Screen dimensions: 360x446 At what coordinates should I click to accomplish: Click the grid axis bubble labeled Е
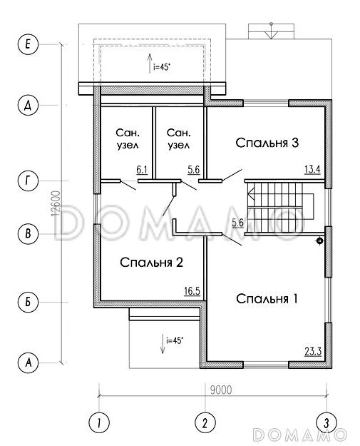(x=28, y=44)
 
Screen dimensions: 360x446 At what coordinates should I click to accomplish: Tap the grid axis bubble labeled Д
(x=28, y=105)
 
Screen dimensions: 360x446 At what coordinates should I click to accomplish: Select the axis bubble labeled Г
(x=28, y=181)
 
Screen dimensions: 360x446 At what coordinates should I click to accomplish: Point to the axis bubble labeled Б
(x=28, y=302)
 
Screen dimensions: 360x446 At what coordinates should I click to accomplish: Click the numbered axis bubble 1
(x=99, y=422)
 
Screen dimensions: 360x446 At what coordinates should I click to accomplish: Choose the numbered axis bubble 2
(x=205, y=422)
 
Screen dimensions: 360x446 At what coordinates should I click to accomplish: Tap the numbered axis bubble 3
(x=326, y=422)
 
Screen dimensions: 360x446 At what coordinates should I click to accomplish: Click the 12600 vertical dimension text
(x=56, y=203)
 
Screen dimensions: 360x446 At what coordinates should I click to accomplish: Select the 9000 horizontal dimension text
(x=221, y=390)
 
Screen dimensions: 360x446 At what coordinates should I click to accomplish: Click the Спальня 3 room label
(x=267, y=143)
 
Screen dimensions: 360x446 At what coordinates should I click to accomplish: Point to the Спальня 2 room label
(x=151, y=263)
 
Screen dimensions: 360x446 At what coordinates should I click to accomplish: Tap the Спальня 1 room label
(x=267, y=299)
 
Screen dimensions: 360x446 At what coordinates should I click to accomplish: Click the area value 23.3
(x=313, y=352)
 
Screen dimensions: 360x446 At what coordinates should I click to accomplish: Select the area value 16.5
(x=192, y=291)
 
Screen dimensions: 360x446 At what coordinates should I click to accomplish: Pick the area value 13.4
(x=312, y=170)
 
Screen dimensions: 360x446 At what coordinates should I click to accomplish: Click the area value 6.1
(x=142, y=170)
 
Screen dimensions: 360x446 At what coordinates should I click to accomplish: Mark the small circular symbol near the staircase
(x=320, y=241)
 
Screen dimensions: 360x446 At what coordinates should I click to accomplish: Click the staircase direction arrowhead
(x=251, y=196)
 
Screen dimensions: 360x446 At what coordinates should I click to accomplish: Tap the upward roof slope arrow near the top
(x=150, y=63)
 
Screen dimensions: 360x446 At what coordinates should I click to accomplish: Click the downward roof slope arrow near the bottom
(x=163, y=344)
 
